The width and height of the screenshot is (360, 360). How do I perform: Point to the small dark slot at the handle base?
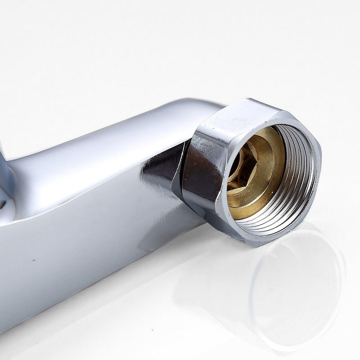click(x=4, y=205)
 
